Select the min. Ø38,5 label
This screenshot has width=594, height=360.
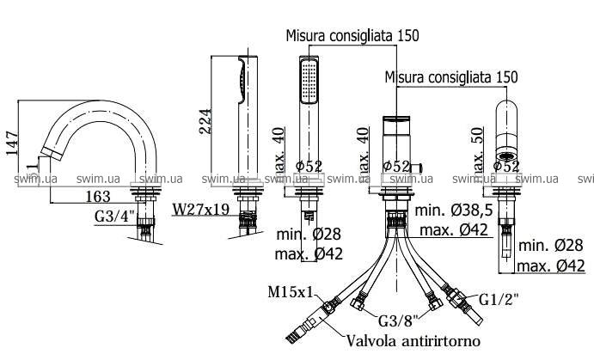452,211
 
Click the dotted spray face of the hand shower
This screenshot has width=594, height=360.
307,84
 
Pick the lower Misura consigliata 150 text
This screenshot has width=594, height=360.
451,76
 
